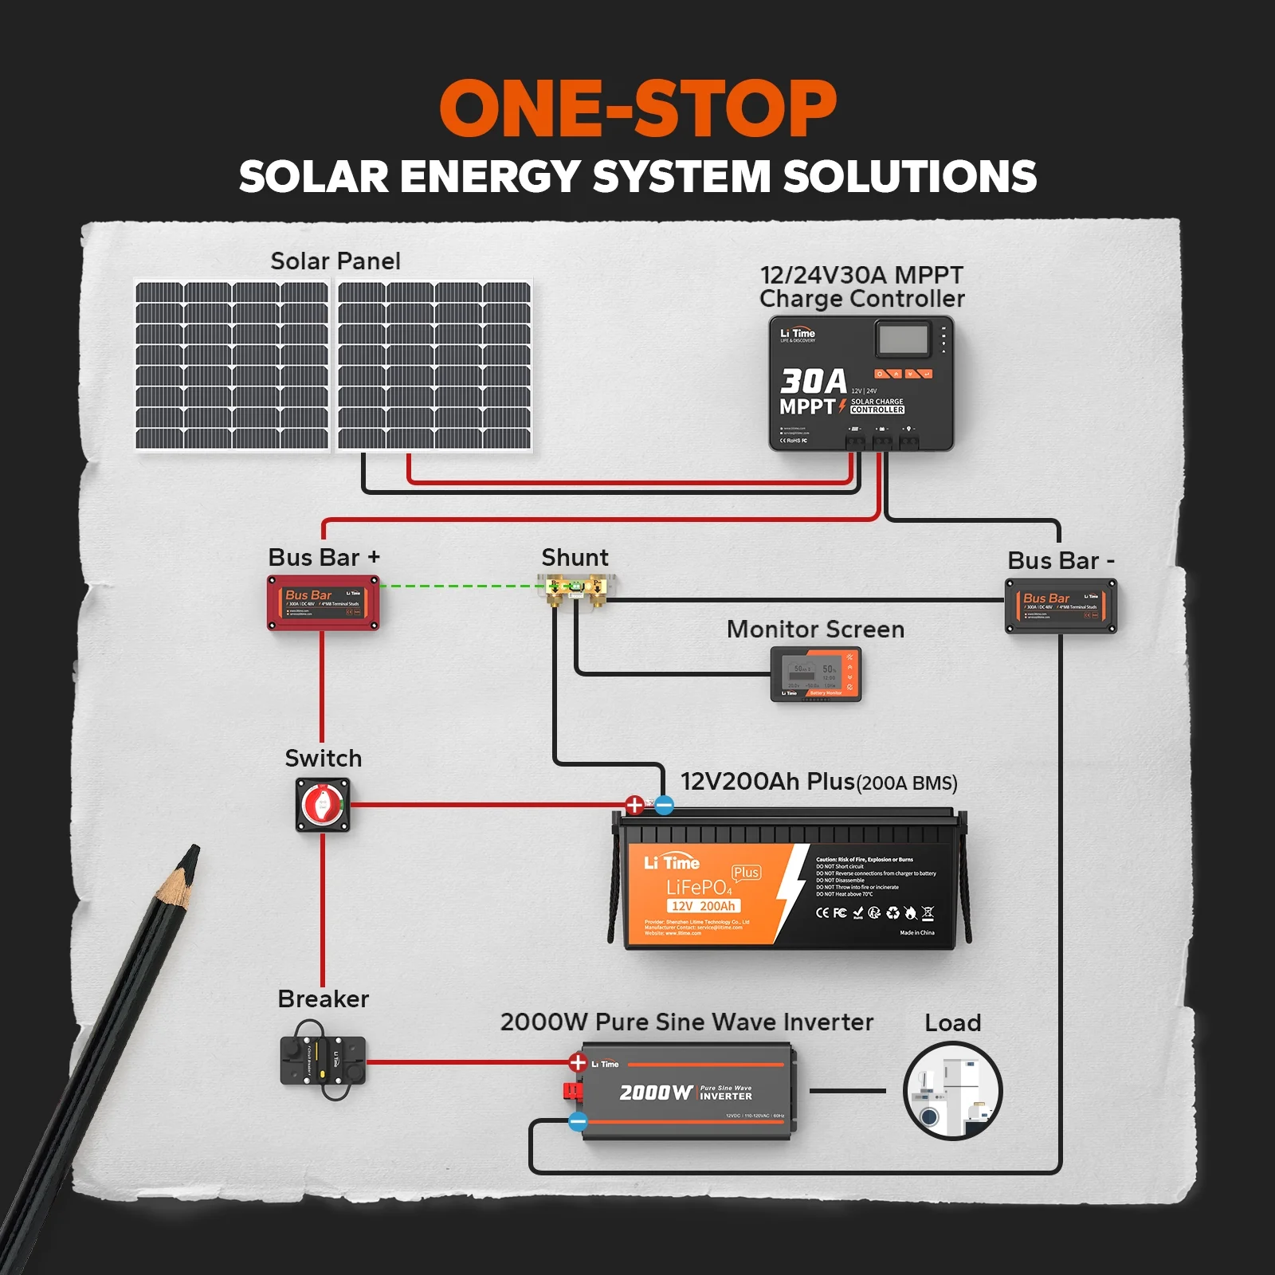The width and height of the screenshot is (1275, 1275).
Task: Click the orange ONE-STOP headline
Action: click(x=637, y=109)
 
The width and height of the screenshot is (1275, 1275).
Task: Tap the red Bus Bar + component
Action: click(x=323, y=603)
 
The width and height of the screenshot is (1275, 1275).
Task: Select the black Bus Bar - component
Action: click(x=1061, y=606)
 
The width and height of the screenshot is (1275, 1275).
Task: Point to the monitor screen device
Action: click(x=816, y=674)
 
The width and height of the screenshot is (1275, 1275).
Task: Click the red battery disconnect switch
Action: click(x=323, y=806)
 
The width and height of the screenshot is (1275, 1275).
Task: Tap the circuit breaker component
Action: click(x=323, y=1060)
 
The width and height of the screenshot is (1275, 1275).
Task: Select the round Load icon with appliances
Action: click(x=952, y=1091)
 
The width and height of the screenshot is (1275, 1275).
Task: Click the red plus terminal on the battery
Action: click(x=634, y=805)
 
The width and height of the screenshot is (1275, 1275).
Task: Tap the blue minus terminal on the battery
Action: click(x=664, y=805)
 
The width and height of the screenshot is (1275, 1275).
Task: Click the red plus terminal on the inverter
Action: click(x=578, y=1062)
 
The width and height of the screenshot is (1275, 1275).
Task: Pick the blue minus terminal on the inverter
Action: click(x=578, y=1122)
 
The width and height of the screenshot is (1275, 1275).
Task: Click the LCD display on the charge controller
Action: click(x=903, y=339)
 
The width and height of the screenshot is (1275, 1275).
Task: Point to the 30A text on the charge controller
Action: click(x=813, y=381)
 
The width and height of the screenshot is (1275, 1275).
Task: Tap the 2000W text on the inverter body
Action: click(x=656, y=1093)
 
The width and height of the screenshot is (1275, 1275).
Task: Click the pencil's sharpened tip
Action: click(x=191, y=854)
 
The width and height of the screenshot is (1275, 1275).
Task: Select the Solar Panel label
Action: click(x=335, y=261)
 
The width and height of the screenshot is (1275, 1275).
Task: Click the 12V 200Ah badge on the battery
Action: click(x=704, y=906)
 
